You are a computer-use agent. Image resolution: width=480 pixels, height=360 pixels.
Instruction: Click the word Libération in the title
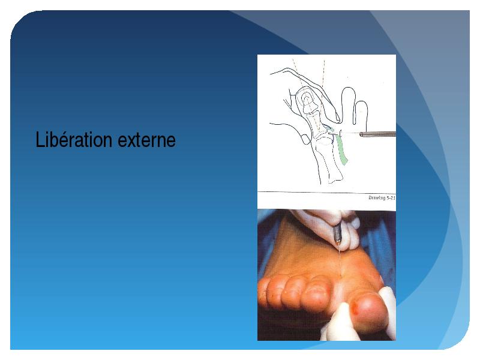(x=74, y=140)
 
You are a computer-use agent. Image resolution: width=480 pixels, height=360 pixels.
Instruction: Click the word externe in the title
(x=146, y=140)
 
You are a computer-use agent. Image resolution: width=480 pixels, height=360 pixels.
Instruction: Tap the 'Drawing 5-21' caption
(x=382, y=198)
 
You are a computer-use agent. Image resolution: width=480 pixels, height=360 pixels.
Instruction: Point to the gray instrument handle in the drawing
(x=377, y=134)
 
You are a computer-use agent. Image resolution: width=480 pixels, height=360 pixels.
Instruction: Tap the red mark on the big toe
(x=356, y=307)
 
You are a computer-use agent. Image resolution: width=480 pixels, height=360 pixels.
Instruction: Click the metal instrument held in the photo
(x=337, y=234)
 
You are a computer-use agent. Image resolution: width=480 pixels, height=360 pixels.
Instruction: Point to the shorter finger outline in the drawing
(x=361, y=113)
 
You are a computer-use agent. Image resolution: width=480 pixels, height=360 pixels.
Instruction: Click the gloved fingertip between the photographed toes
(x=341, y=319)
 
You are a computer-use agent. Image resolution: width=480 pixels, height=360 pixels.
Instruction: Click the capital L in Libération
(x=40, y=140)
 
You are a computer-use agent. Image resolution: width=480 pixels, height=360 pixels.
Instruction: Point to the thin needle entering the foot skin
(x=340, y=260)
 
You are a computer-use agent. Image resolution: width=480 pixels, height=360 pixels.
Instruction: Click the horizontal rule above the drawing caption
(x=326, y=192)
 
